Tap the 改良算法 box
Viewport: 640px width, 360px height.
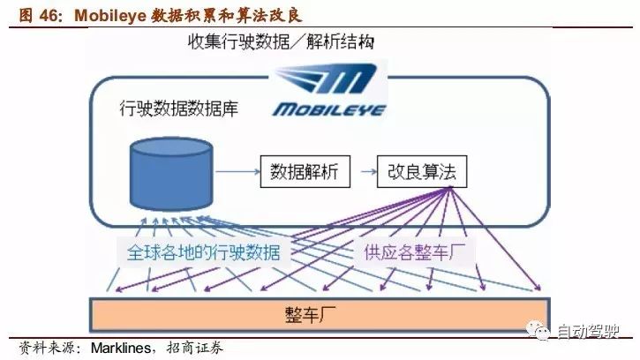click(x=422, y=170)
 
